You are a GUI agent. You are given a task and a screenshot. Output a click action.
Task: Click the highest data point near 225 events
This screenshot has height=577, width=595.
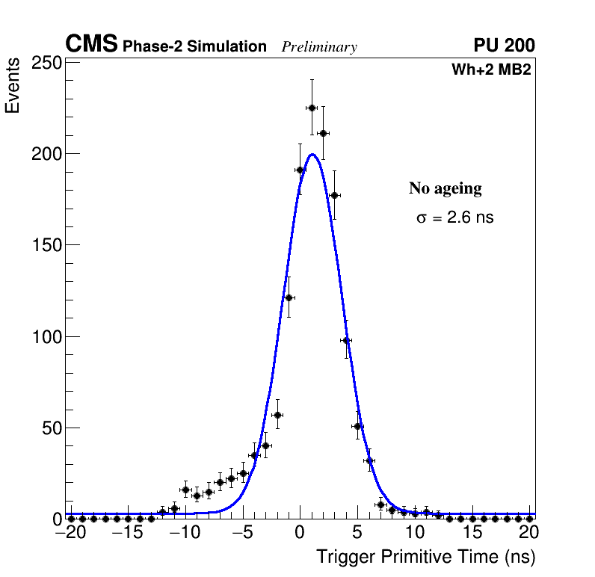312,108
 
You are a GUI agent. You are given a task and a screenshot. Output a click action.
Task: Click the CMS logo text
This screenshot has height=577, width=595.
91,45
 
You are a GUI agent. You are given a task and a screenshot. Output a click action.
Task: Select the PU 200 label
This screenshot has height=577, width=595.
505,46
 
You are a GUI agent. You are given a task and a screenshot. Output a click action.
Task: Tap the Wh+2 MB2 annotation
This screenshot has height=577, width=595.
491,70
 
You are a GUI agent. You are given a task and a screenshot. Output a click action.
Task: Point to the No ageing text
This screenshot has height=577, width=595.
445,189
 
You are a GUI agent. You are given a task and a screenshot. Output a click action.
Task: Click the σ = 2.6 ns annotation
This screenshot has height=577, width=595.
454,218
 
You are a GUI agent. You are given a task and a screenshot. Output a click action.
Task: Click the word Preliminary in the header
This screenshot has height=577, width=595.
319,48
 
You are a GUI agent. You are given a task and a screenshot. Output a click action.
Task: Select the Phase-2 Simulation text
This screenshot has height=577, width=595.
194,47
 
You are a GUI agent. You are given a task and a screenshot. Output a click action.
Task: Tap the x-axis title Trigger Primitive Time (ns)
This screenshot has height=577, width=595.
425,557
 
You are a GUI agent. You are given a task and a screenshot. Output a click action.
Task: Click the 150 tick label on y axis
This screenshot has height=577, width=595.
46,245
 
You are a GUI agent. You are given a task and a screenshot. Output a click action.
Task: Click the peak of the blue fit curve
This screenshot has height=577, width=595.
312,155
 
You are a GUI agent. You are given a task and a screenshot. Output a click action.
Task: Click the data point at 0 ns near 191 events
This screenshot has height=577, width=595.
300,170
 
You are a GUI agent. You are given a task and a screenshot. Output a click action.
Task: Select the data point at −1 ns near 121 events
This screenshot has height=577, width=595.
289,297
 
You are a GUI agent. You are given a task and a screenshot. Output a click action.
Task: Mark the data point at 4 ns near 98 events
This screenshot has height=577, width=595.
346,340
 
